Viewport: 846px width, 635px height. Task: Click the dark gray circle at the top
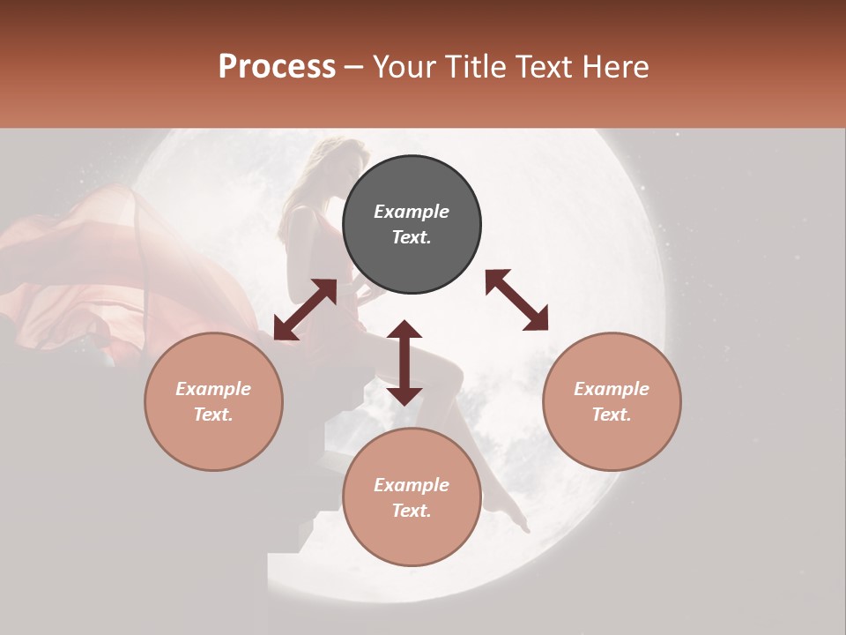[x=412, y=225]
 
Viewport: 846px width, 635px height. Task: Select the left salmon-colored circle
[x=213, y=401]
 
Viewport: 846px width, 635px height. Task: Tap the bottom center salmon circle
[x=412, y=497]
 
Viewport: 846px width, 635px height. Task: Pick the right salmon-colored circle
[x=612, y=401]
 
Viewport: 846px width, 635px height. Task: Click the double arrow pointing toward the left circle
[x=305, y=310]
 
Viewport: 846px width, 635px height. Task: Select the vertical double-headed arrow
[x=404, y=362]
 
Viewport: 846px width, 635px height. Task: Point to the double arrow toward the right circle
[x=517, y=300]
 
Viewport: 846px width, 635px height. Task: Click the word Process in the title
[x=277, y=66]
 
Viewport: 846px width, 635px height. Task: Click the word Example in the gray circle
[x=412, y=212]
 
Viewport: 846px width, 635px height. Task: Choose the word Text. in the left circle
[x=213, y=415]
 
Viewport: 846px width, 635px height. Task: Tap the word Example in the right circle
[x=612, y=389]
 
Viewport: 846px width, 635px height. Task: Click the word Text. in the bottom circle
[x=412, y=511]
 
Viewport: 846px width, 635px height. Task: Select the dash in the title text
[x=354, y=67]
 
